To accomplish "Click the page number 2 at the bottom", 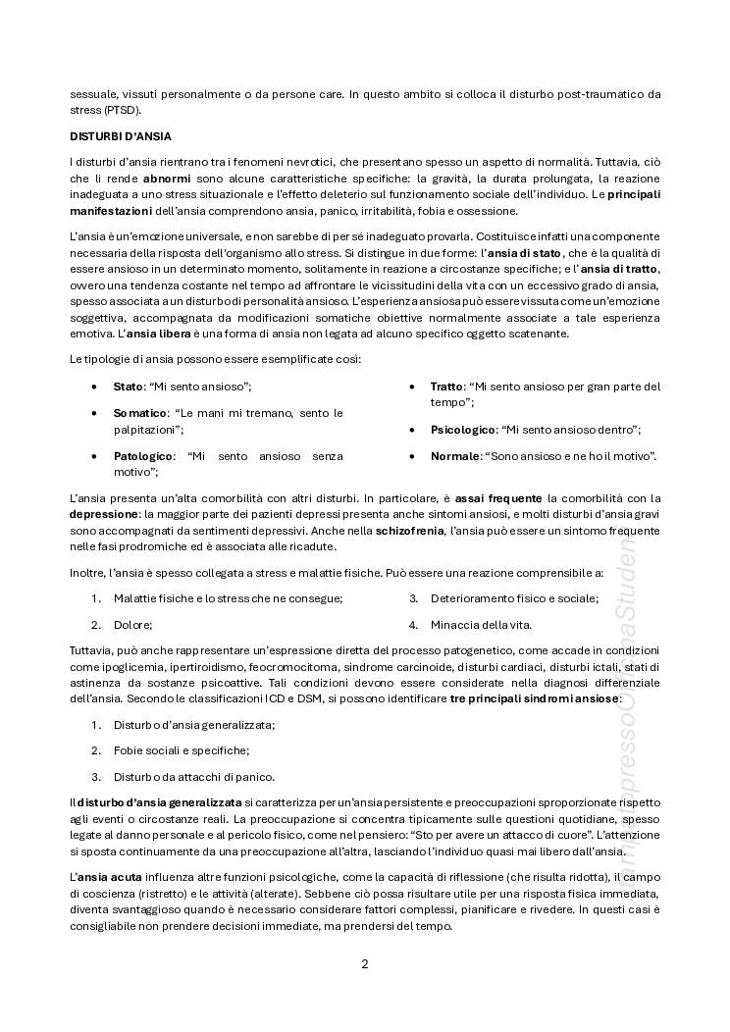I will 365,962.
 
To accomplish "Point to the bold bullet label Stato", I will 128,387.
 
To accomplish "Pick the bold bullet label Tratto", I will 446,387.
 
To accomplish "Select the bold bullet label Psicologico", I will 463,430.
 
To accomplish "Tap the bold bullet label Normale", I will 455,456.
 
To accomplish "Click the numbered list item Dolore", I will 132,624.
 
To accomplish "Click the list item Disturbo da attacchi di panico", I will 193,776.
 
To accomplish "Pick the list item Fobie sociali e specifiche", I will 181,750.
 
